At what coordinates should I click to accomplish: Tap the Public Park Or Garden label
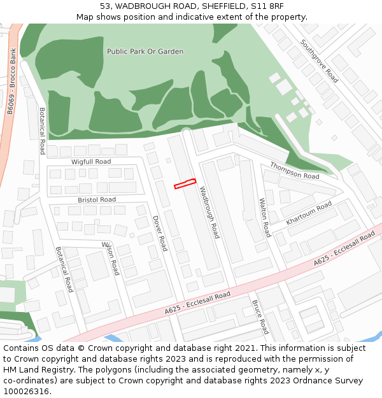coord(145,52)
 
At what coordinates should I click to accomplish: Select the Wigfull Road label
coord(91,162)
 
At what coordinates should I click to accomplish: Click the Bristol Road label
coord(97,200)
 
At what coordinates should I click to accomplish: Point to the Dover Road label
coord(159,232)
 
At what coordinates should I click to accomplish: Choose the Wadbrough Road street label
coord(209,213)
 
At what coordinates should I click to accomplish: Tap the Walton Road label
coord(264,217)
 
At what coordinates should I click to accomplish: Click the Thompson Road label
coord(294,171)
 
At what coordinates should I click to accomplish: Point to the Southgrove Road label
coord(320,62)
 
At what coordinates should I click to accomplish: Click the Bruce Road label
coord(260,317)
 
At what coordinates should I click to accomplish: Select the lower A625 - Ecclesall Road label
coord(197,303)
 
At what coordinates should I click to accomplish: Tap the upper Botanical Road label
coord(43,131)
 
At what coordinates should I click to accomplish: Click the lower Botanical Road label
coord(64,269)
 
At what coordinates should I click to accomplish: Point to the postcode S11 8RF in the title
coord(267,6)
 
